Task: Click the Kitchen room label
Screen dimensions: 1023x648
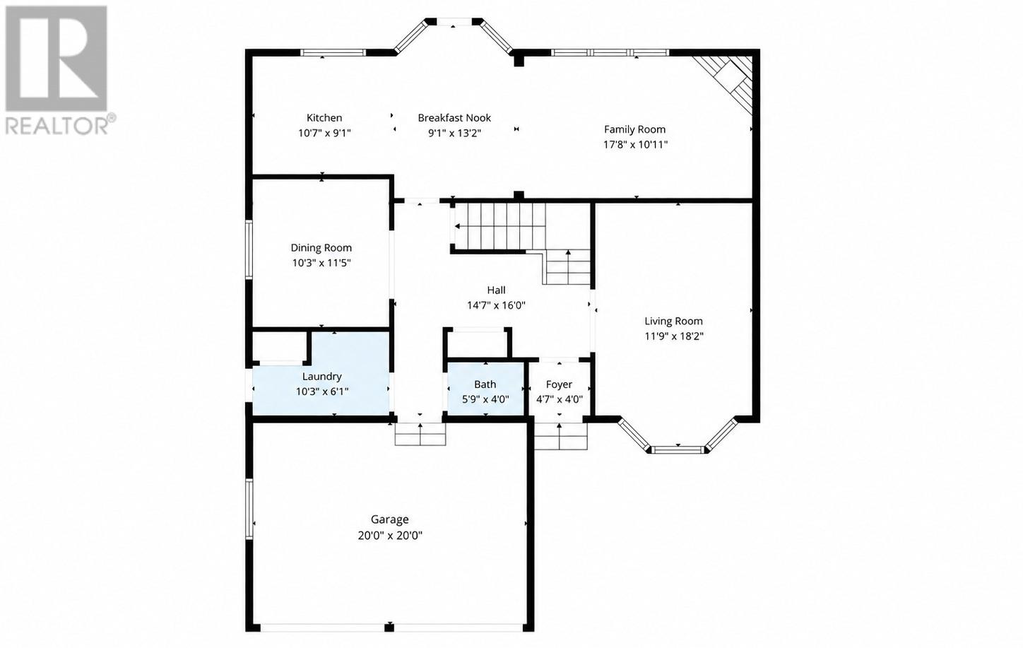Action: [x=324, y=118]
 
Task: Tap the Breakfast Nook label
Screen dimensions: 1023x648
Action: [x=454, y=118]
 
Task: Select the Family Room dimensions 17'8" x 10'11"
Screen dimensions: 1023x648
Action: [x=635, y=145]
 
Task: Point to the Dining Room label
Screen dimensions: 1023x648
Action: [x=321, y=248]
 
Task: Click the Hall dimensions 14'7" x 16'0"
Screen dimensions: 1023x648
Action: [x=497, y=305]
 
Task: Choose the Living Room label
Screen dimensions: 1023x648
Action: [x=673, y=321]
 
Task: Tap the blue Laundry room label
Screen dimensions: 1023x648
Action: [x=322, y=377]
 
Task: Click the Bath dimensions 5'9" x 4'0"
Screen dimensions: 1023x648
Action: [x=485, y=399]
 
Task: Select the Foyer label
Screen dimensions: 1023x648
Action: [x=559, y=384]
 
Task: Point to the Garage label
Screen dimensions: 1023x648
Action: [x=389, y=519]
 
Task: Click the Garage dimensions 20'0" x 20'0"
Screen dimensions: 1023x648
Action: [x=390, y=535]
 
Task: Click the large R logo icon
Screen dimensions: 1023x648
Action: [x=57, y=58]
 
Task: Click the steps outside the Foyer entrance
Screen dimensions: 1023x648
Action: [x=561, y=437]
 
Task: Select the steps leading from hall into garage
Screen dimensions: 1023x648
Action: [x=420, y=434]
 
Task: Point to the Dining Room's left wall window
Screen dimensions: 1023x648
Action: [x=249, y=249]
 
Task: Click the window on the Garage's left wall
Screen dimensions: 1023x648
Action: [x=249, y=509]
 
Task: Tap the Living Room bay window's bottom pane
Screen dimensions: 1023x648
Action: [x=678, y=450]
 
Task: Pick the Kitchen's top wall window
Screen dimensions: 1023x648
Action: [x=333, y=52]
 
